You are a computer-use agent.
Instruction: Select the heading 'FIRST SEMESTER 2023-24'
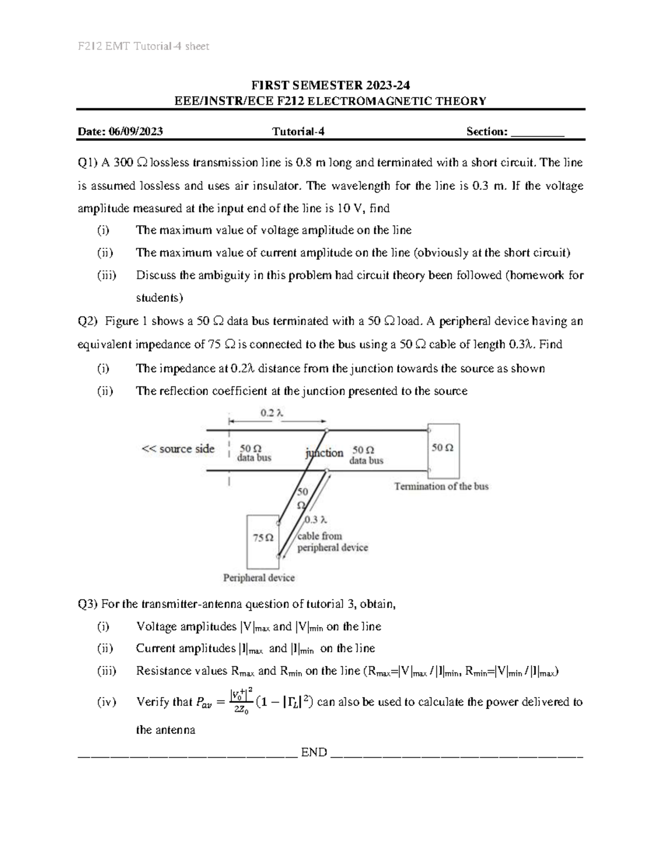point(330,85)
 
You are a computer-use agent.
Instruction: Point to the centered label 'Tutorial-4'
point(295,132)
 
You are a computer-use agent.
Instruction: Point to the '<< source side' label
point(178,449)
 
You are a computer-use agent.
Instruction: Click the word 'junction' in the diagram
point(324,453)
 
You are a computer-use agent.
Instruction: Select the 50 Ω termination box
point(443,450)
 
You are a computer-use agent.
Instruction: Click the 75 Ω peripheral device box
point(263,541)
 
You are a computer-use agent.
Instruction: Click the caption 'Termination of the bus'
point(441,486)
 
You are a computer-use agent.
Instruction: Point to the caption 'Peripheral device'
point(258,578)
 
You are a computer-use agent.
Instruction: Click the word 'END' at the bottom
point(314,753)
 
